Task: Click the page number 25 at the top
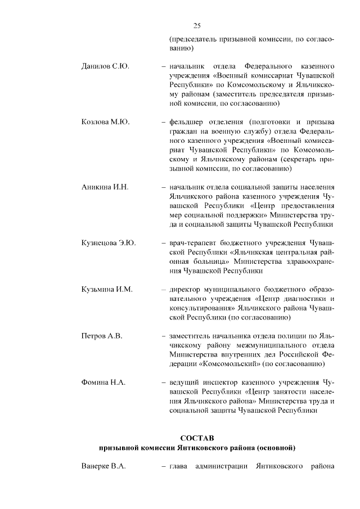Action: [x=197, y=25]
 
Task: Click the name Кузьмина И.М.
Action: [x=107, y=290]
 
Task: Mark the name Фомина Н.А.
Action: [x=103, y=383]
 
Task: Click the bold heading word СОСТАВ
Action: [x=197, y=438]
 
